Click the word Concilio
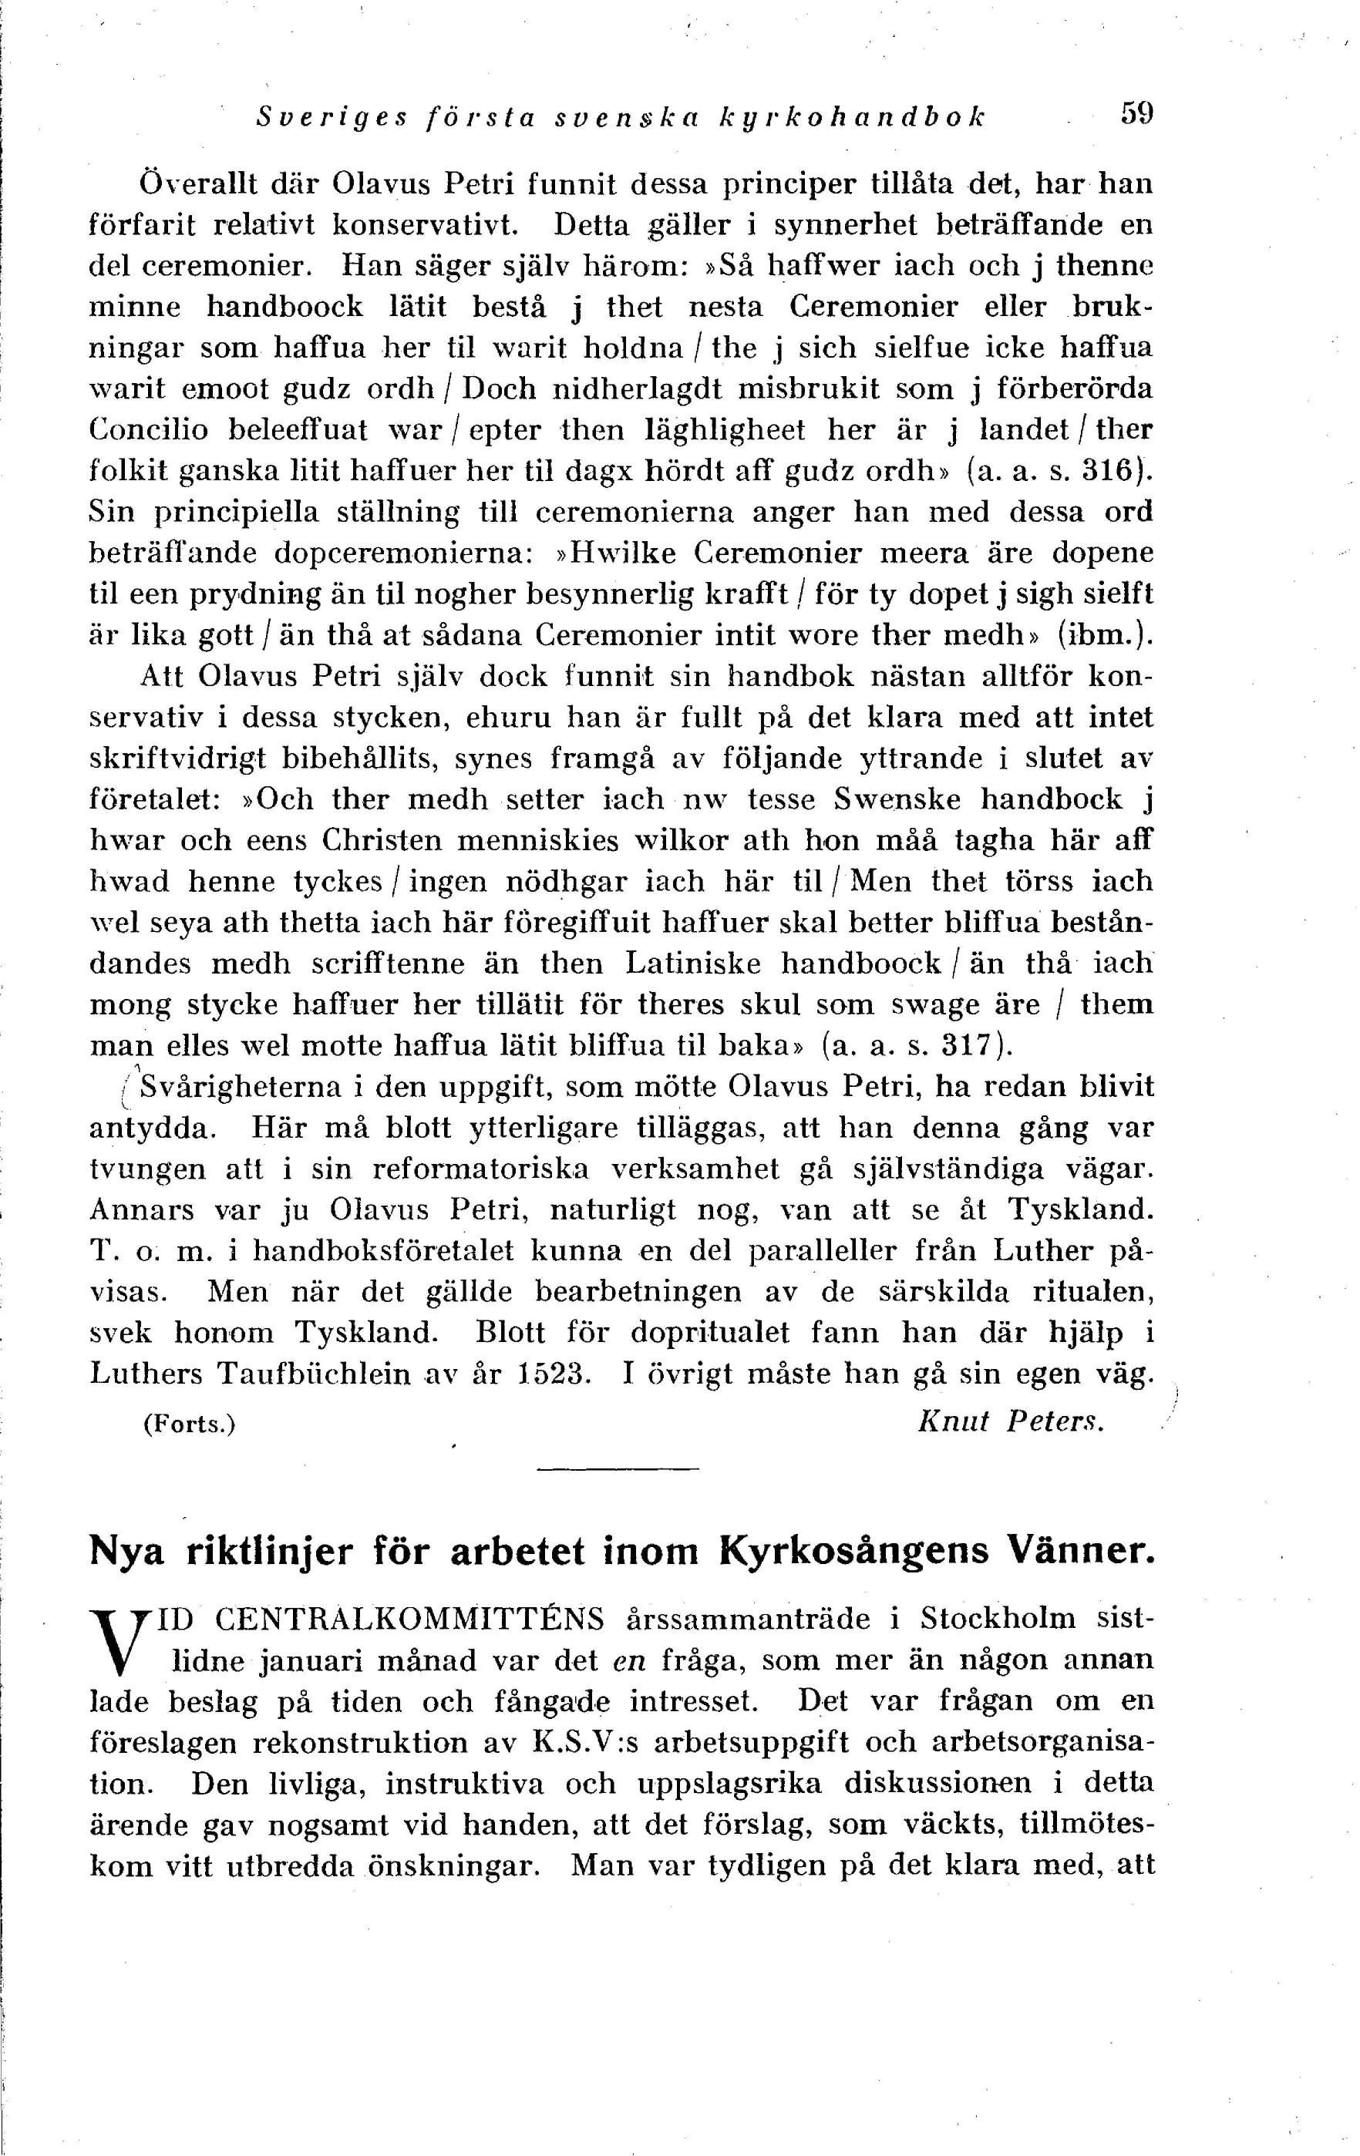pos(149,430)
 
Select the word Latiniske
pos(693,964)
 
